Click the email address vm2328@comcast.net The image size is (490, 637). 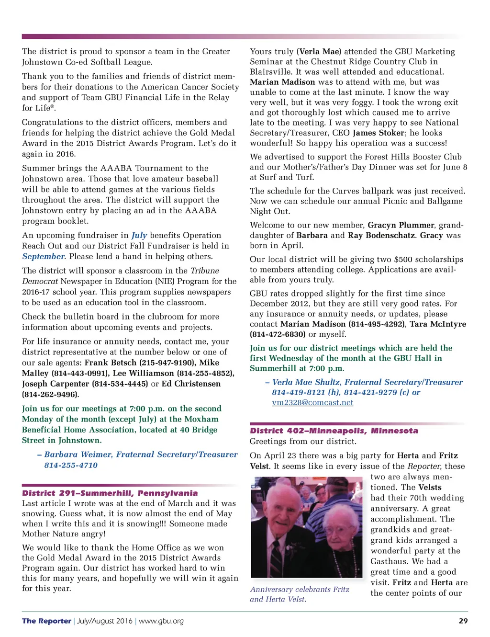312,403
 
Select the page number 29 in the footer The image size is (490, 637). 463,621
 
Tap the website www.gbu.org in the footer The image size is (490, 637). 161,621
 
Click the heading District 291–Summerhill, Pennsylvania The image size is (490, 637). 110,493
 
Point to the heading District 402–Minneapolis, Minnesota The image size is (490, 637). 334,431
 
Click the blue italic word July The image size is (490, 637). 139,235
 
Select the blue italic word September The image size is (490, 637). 43,256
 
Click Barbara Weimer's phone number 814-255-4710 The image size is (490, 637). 71,465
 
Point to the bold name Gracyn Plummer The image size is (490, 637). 401,225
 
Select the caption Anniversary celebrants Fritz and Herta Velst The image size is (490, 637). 299,594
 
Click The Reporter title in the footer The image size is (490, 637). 46,621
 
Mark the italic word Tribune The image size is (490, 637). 205,271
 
